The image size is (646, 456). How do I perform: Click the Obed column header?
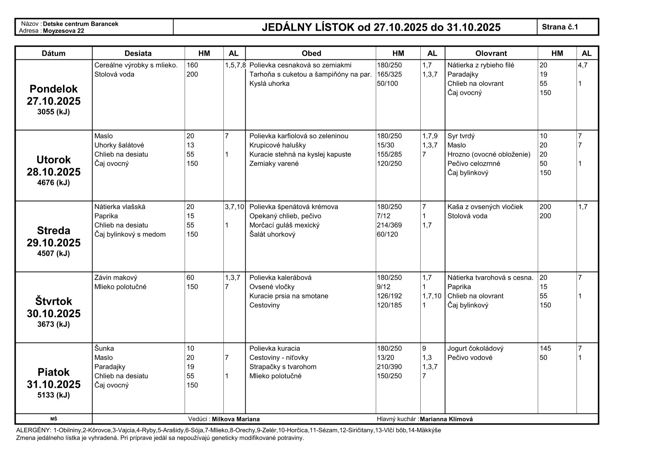tap(311, 53)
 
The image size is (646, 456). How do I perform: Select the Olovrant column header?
tap(491, 53)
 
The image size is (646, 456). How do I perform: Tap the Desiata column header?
tap(138, 53)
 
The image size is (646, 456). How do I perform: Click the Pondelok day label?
tap(54, 89)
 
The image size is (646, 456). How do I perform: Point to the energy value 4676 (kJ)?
tap(54, 182)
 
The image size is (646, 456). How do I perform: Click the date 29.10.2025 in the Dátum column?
tap(54, 243)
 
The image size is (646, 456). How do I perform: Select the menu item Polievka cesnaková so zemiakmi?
tap(300, 65)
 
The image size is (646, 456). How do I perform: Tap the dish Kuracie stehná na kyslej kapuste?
tap(300, 154)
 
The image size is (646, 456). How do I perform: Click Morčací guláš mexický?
tap(284, 225)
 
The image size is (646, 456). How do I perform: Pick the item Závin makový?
tap(116, 278)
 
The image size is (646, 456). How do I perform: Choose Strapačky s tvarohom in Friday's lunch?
tap(283, 367)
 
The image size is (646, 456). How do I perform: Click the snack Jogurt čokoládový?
tap(475, 348)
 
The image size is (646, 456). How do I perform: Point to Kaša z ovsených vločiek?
tap(485, 207)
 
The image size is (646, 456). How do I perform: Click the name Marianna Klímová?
tap(446, 419)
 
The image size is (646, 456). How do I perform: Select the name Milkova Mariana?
tap(236, 419)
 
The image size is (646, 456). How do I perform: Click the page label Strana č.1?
tap(560, 27)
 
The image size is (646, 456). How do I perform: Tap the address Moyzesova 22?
tap(64, 31)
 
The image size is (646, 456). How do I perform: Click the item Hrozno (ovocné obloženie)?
tap(489, 154)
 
